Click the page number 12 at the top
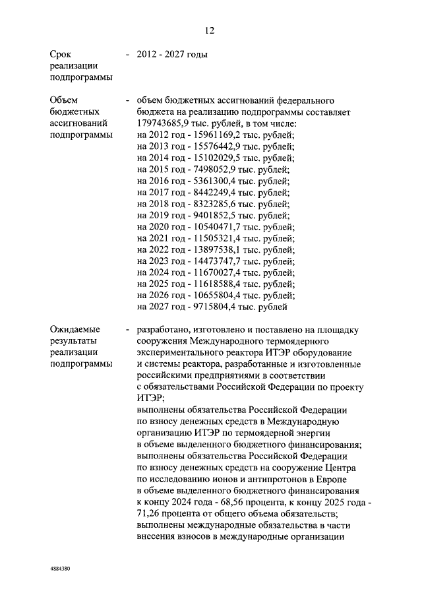coord(210,30)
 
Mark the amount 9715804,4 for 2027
coord(209,306)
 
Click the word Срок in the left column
coord(61,55)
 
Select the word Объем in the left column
coord(64,100)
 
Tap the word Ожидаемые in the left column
coord(75,329)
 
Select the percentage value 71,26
coord(149,515)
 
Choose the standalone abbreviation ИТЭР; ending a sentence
coord(150,398)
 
